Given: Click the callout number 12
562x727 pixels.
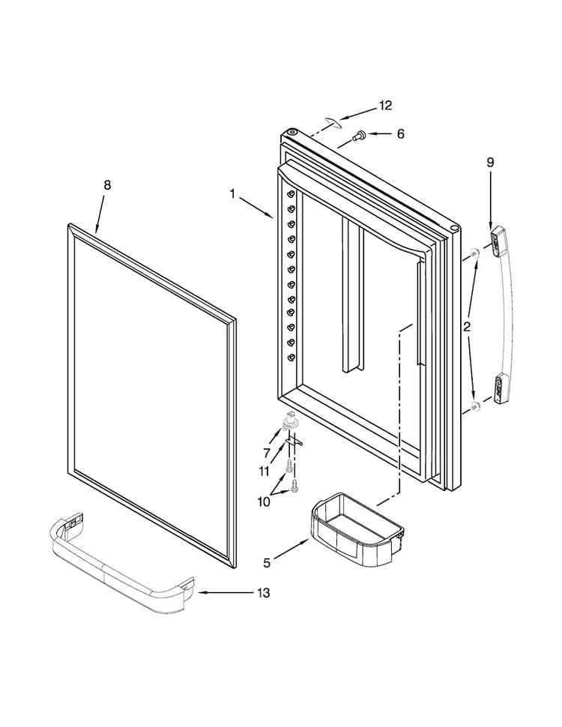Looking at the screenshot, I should point(384,106).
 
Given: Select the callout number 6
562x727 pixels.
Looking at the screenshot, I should point(399,133).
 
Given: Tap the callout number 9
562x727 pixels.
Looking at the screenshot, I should point(490,161).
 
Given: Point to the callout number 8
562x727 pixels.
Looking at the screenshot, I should point(106,185).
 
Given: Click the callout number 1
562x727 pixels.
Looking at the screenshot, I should point(233,193).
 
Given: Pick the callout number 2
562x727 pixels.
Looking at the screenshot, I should point(466,326).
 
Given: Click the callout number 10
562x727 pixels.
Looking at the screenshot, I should point(263,501).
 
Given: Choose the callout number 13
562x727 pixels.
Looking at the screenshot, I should point(262,593).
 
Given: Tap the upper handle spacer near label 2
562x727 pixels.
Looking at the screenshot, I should point(476,254).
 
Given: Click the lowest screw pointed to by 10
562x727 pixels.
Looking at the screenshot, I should point(295,486).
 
